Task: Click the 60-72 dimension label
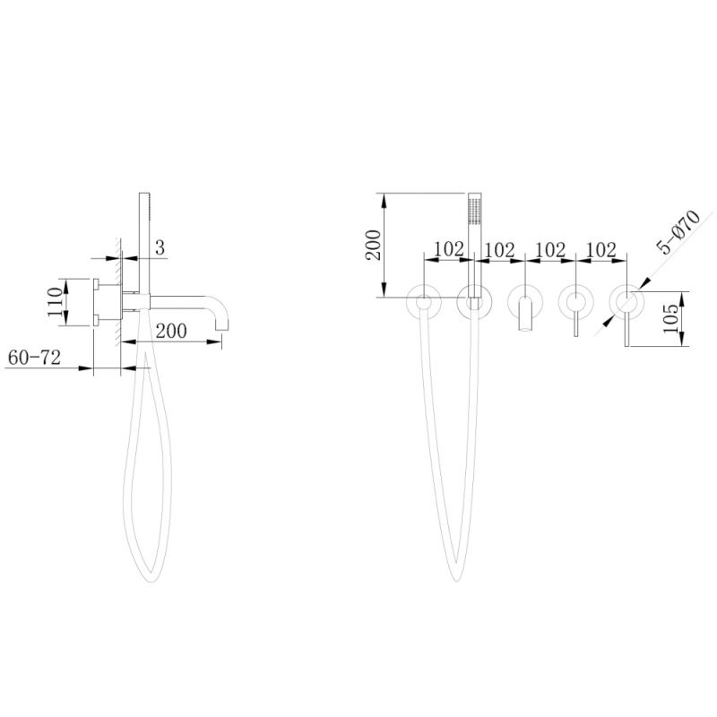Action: click(34, 358)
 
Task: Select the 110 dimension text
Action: click(55, 302)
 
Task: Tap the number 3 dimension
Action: click(160, 248)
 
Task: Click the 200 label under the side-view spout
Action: click(171, 331)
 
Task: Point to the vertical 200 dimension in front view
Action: click(373, 245)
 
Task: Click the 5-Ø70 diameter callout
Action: click(678, 232)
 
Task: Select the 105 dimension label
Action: click(670, 319)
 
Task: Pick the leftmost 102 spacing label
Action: click(449, 249)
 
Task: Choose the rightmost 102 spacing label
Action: click(600, 250)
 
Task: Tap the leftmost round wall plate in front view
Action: click(424, 301)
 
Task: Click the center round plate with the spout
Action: click(525, 301)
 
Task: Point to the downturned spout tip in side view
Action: click(221, 325)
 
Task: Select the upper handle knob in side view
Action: click(96, 284)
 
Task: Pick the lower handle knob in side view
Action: click(96, 320)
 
